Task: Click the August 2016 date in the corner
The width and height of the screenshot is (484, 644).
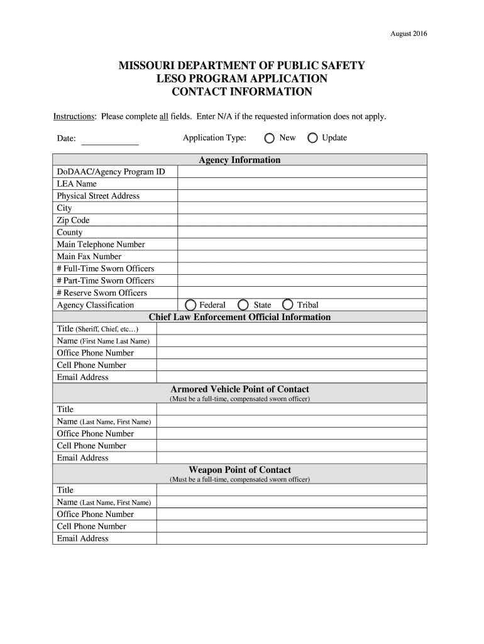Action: (409, 34)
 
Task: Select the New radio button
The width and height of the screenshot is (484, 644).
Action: (270, 138)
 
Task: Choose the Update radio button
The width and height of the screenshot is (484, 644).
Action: (312, 138)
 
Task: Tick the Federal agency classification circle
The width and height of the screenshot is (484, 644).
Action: (190, 305)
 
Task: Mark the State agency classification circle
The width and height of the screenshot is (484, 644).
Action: (243, 305)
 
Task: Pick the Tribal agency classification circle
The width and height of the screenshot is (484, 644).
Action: (288, 305)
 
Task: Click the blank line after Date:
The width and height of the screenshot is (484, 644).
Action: (110, 140)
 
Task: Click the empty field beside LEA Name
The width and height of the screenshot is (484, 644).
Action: (302, 184)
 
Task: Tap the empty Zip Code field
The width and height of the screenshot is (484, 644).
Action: (302, 220)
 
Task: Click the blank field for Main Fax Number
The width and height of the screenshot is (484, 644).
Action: (302, 257)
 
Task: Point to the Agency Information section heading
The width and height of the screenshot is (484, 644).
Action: (239, 160)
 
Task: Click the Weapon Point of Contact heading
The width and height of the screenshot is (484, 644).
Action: (239, 470)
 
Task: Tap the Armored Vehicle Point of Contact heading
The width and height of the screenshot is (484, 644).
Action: (239, 389)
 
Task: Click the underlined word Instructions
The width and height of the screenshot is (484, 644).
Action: (74, 117)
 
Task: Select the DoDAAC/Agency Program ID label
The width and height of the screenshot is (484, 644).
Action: (111, 172)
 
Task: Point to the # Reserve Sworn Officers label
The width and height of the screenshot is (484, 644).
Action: (102, 293)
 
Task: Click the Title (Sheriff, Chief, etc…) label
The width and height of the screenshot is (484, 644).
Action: (97, 329)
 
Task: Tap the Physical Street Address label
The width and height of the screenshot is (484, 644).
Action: (98, 196)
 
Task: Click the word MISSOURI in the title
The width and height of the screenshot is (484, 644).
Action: (148, 66)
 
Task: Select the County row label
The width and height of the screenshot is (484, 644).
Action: (70, 233)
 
